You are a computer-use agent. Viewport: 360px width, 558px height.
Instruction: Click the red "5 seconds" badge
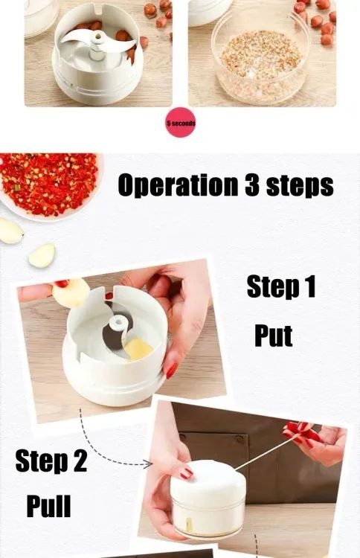(x=181, y=123)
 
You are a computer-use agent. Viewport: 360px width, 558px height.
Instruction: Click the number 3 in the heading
(x=252, y=185)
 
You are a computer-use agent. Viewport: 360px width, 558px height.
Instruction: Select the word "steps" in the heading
(x=300, y=186)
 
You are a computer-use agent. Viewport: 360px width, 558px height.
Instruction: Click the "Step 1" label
(x=280, y=287)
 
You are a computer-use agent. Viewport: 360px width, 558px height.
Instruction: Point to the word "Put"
(x=273, y=336)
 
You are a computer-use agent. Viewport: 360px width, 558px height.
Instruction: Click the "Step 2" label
(x=51, y=461)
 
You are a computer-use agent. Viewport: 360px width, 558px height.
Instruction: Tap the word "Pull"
(x=49, y=507)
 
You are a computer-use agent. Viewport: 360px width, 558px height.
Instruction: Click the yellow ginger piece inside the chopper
(x=138, y=348)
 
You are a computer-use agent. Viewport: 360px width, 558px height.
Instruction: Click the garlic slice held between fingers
(x=71, y=292)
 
